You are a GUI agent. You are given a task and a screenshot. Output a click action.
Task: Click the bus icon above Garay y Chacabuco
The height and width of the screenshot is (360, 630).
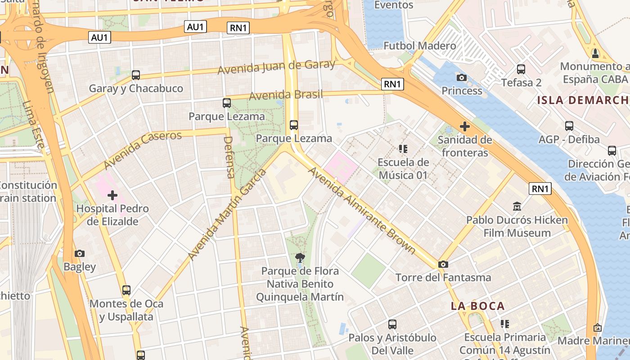(136, 75)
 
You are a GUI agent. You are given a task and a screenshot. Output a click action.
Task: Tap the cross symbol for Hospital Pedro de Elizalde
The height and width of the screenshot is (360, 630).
(112, 195)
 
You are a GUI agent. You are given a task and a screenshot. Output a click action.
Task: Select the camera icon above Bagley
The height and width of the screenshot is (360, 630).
(80, 254)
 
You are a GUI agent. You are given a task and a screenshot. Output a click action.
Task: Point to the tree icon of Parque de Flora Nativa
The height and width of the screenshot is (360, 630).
(300, 258)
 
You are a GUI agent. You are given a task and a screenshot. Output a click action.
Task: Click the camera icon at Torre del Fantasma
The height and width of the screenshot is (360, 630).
(443, 265)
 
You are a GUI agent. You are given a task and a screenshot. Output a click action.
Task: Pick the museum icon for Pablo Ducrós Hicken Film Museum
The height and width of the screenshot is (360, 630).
(517, 207)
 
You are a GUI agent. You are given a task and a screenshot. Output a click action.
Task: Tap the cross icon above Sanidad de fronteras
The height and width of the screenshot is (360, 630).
(465, 126)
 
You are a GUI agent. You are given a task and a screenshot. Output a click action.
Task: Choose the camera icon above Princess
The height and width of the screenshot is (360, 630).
(462, 77)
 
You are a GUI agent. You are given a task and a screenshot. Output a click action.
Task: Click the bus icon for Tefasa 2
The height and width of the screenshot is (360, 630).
(521, 69)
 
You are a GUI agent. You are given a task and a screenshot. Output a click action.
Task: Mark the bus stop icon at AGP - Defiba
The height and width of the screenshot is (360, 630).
(569, 126)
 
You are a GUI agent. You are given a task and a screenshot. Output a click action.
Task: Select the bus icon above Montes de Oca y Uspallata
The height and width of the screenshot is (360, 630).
(126, 290)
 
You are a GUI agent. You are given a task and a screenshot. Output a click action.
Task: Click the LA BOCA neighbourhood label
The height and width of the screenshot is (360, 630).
(478, 306)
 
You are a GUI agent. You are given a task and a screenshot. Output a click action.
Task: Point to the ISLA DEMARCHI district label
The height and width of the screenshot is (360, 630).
(583, 100)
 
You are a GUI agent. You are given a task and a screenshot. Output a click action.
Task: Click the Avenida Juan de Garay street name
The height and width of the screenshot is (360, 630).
(276, 67)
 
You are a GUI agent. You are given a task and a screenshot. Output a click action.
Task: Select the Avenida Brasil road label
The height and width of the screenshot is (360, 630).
(286, 95)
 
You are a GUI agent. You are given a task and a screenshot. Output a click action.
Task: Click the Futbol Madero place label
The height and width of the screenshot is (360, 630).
(419, 46)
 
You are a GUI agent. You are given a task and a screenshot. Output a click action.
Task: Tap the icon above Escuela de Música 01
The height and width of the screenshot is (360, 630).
(403, 148)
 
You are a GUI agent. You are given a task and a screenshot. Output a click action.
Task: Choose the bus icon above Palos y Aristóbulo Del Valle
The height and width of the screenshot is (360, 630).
(392, 324)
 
